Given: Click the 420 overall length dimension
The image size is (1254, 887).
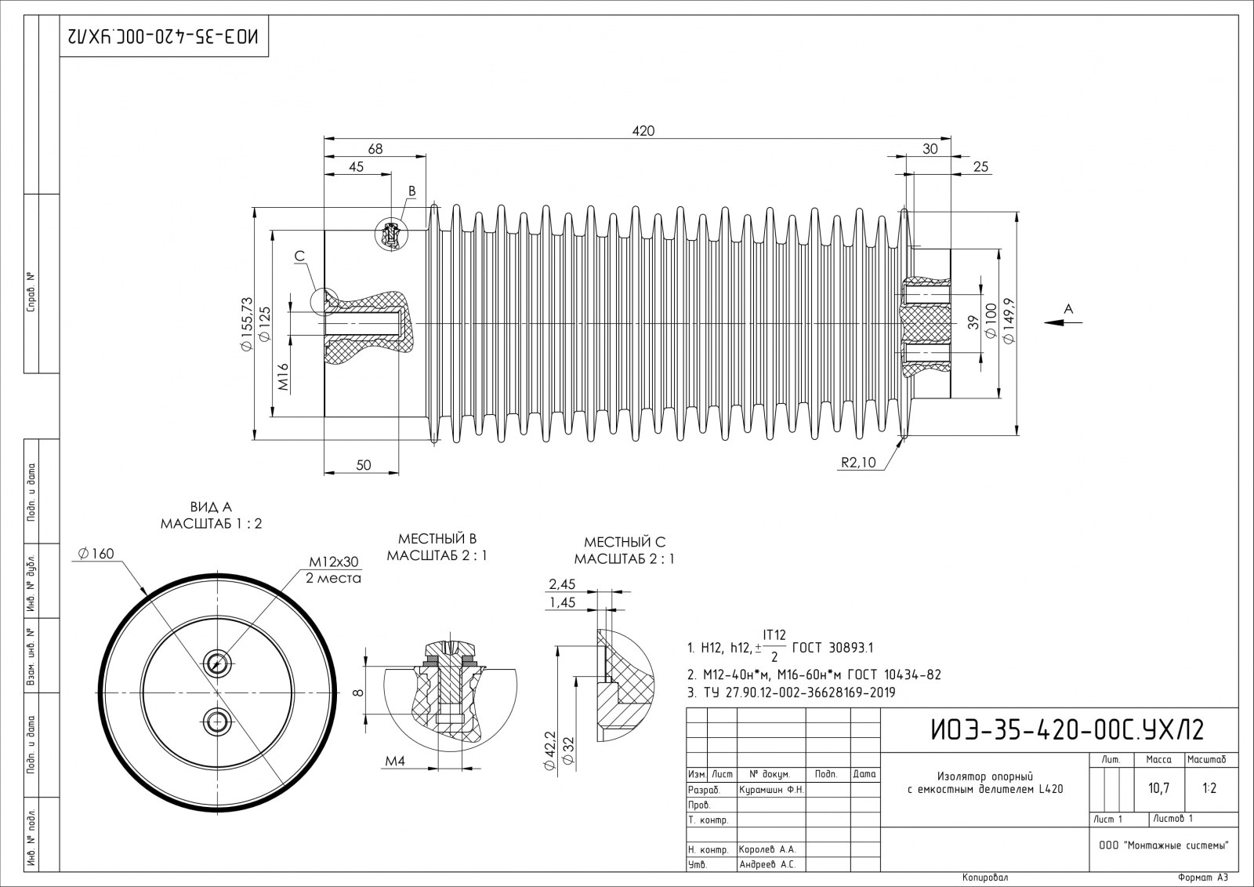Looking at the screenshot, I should coord(643,130).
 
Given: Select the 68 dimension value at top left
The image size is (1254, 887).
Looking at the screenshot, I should coord(375,148).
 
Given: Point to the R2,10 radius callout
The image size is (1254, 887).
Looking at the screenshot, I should coord(858,462).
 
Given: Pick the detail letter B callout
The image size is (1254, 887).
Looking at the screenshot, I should coord(411,191).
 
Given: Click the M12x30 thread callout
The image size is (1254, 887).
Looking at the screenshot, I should coord(333,562).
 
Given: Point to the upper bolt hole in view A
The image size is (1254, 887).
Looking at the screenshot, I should coord(216,663).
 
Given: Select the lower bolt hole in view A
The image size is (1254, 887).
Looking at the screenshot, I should coord(216,719).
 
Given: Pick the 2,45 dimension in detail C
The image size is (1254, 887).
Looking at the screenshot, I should coord(562,583).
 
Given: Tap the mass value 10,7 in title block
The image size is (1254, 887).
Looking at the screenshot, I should coord(1158,788).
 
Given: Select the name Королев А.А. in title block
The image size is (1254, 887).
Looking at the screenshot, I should coord(767,849).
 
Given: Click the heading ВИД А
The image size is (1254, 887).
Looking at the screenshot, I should coord(211,507).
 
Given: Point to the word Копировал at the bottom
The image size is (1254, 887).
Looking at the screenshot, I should coord(984,878).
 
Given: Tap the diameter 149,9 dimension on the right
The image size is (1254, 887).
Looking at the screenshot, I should coord(1009,322).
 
